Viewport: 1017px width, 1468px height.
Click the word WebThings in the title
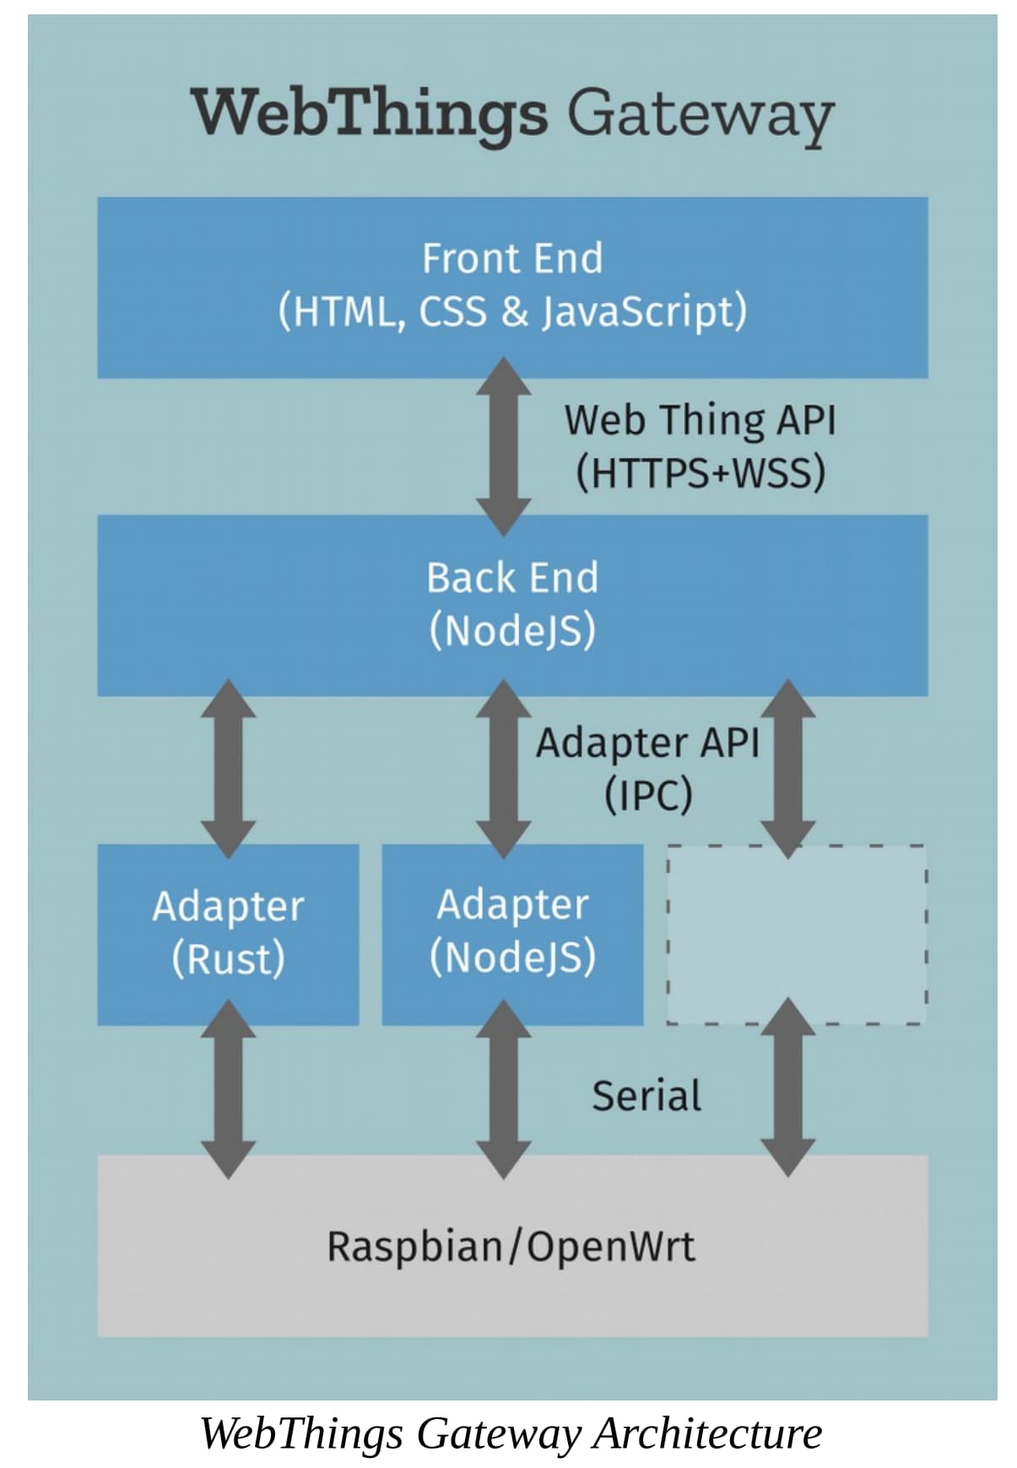370,113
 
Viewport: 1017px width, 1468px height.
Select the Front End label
512,258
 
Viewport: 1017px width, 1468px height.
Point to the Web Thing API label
700,419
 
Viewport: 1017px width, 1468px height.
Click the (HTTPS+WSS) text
700,472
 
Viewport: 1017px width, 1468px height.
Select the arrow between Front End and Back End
504,446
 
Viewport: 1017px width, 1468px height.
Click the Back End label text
512,578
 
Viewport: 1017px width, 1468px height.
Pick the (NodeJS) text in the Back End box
512,630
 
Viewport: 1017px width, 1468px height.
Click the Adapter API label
647,743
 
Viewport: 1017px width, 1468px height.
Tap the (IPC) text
647,794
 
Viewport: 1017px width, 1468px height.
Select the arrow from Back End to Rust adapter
228,769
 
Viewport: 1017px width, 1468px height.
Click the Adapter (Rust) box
228,934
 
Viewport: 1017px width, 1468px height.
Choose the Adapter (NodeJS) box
512,934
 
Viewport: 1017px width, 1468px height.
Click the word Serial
646,1096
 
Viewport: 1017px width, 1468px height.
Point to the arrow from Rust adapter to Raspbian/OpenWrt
228,1089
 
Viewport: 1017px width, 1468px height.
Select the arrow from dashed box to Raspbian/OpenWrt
787,1088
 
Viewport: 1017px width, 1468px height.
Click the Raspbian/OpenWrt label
511,1246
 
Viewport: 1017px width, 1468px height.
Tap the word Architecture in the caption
706,1433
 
